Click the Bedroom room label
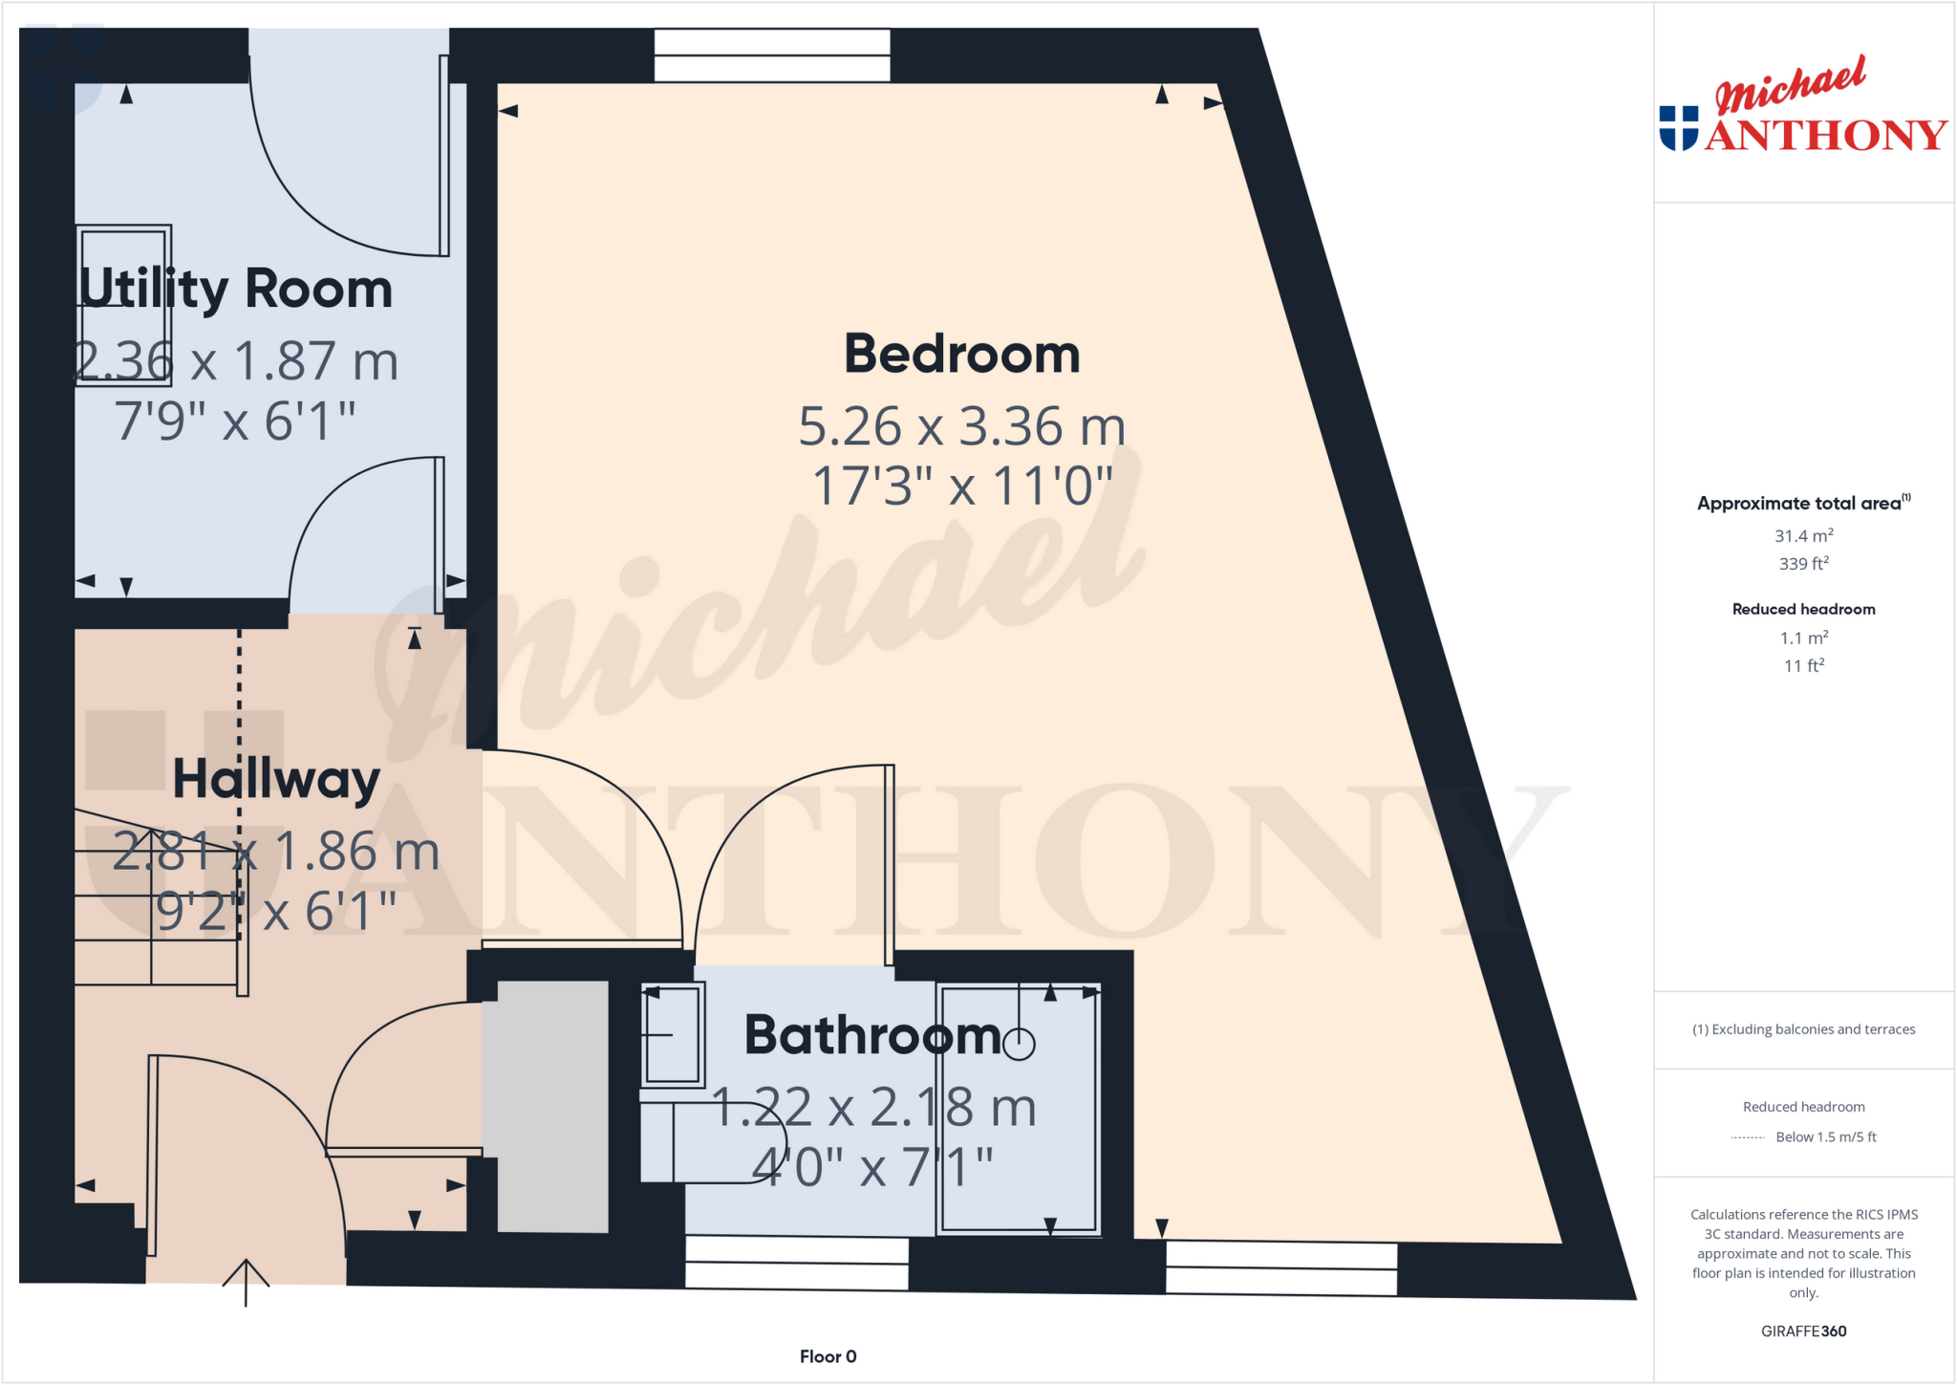961,355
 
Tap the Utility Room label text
236,289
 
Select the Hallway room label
276,779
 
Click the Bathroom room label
872,1035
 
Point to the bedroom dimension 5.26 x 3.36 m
961,426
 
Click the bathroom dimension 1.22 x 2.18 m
874,1108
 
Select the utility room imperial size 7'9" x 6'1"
235,421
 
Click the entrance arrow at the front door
246,1281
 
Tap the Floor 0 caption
828,1356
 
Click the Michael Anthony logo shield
1678,128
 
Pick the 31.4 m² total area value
1803,536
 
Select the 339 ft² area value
1803,564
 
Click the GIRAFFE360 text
1803,1331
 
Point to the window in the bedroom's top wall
772,55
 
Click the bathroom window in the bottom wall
797,1263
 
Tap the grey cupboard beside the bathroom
552,1106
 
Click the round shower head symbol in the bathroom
1020,1045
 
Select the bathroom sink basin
674,1035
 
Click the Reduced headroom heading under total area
1803,609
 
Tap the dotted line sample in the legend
1748,1137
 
